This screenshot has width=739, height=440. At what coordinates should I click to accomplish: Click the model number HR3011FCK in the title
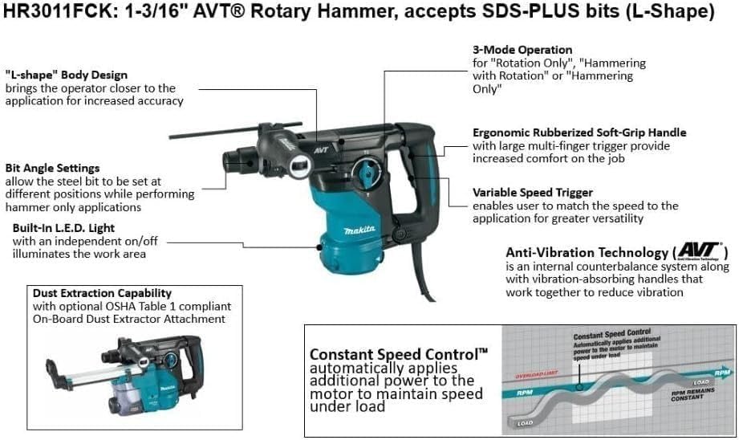coord(51,13)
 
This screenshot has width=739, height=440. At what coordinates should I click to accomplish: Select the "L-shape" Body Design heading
coord(67,75)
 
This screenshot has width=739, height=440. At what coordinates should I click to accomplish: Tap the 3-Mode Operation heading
coord(522,50)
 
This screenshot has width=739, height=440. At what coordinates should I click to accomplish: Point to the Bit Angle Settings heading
coord(52,168)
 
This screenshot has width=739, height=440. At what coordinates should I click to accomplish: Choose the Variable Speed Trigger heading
coord(533,193)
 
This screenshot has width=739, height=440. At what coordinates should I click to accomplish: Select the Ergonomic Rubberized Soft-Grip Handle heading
coord(579,132)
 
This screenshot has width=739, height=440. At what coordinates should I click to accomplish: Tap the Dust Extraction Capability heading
coord(102,293)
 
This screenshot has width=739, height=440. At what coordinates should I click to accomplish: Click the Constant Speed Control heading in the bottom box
coord(398,353)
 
